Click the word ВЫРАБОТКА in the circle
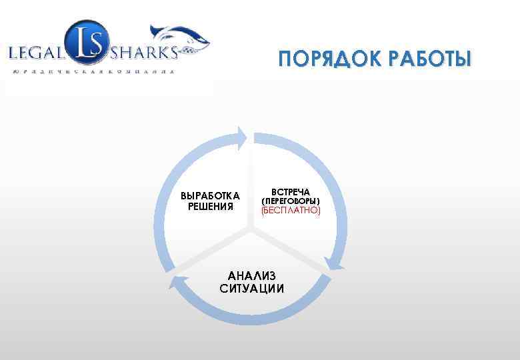[211, 195]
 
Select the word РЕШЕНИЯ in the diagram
[211, 207]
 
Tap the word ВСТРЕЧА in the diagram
[291, 191]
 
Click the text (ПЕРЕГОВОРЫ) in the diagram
[291, 201]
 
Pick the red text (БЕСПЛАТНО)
[291, 210]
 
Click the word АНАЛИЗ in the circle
[251, 276]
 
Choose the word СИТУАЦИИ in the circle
[251, 289]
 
